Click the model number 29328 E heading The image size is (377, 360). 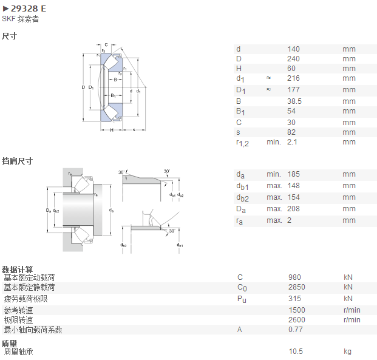[29, 8]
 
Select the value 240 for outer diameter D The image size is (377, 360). [293, 59]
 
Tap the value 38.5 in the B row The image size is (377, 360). [294, 101]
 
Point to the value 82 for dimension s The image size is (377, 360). [291, 132]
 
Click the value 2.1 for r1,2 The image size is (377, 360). [292, 142]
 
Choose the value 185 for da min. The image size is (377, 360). [294, 174]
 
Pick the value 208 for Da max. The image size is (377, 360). [294, 209]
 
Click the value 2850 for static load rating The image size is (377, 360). [297, 287]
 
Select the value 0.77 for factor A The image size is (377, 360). [296, 330]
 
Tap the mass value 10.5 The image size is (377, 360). [296, 352]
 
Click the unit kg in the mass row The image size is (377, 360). [347, 352]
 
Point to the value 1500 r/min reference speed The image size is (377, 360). [297, 310]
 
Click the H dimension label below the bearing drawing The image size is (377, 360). [112, 130]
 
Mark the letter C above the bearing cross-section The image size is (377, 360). [106, 45]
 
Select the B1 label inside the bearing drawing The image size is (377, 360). [113, 95]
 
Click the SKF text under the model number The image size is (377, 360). [8, 19]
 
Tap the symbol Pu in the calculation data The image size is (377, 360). [242, 299]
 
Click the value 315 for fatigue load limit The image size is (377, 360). [294, 299]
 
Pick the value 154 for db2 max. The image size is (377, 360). [294, 197]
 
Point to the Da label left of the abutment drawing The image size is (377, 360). [49, 211]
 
